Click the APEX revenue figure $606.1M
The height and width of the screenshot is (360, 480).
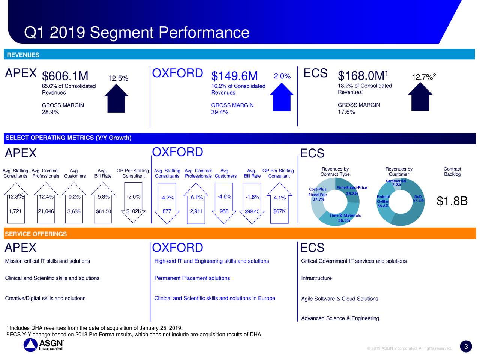[65, 76]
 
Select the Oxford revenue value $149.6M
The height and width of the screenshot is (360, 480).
[234, 76]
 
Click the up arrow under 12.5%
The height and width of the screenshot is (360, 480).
[116, 97]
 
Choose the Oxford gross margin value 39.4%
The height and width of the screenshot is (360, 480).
[220, 112]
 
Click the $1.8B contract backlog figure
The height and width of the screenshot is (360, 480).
[452, 201]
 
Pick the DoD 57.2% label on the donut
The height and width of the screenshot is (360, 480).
[418, 198]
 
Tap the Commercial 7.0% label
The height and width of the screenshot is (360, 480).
[396, 183]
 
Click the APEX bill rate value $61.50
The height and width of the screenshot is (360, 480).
[103, 211]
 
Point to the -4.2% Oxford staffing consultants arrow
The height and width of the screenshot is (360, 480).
[167, 202]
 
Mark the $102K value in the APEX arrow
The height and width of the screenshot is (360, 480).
[133, 211]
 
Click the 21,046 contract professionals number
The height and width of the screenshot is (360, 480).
[46, 211]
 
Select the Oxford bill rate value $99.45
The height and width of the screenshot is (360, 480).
[252, 211]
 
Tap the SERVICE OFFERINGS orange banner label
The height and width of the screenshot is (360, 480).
[36, 234]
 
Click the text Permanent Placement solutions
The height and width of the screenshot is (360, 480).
[192, 278]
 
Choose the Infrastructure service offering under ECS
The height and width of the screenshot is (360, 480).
[316, 278]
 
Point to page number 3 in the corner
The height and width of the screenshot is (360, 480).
[465, 347]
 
